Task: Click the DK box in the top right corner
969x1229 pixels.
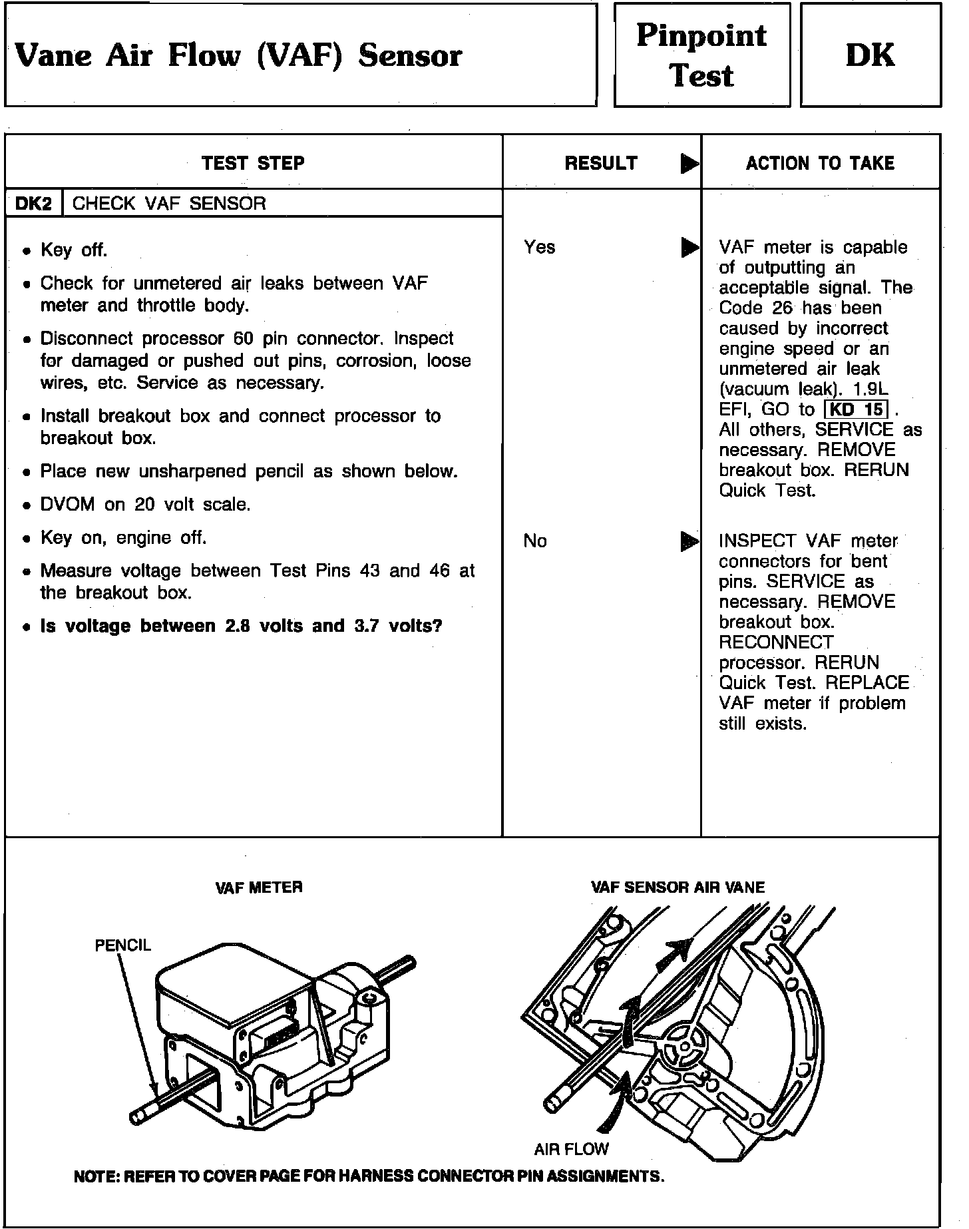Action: (x=870, y=55)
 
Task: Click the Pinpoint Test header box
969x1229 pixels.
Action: (x=701, y=55)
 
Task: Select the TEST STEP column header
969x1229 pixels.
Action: (x=253, y=163)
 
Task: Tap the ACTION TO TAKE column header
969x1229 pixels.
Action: (x=820, y=163)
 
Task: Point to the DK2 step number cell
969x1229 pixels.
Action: (x=33, y=203)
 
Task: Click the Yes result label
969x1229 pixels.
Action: (x=539, y=247)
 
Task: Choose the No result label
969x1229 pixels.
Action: (x=535, y=541)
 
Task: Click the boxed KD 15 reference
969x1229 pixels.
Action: (x=857, y=409)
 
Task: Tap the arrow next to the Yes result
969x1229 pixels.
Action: (x=689, y=248)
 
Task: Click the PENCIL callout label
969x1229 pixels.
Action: (x=122, y=945)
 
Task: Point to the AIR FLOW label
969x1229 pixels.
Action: (x=571, y=1148)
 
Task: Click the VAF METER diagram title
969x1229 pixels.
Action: (x=259, y=887)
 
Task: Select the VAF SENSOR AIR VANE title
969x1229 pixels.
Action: (x=678, y=887)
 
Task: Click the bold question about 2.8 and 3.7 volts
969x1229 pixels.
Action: (x=241, y=626)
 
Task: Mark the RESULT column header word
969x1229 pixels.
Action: (x=601, y=163)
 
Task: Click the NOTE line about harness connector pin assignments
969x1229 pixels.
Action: (x=369, y=1176)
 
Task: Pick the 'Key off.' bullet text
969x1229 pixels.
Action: (x=74, y=250)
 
